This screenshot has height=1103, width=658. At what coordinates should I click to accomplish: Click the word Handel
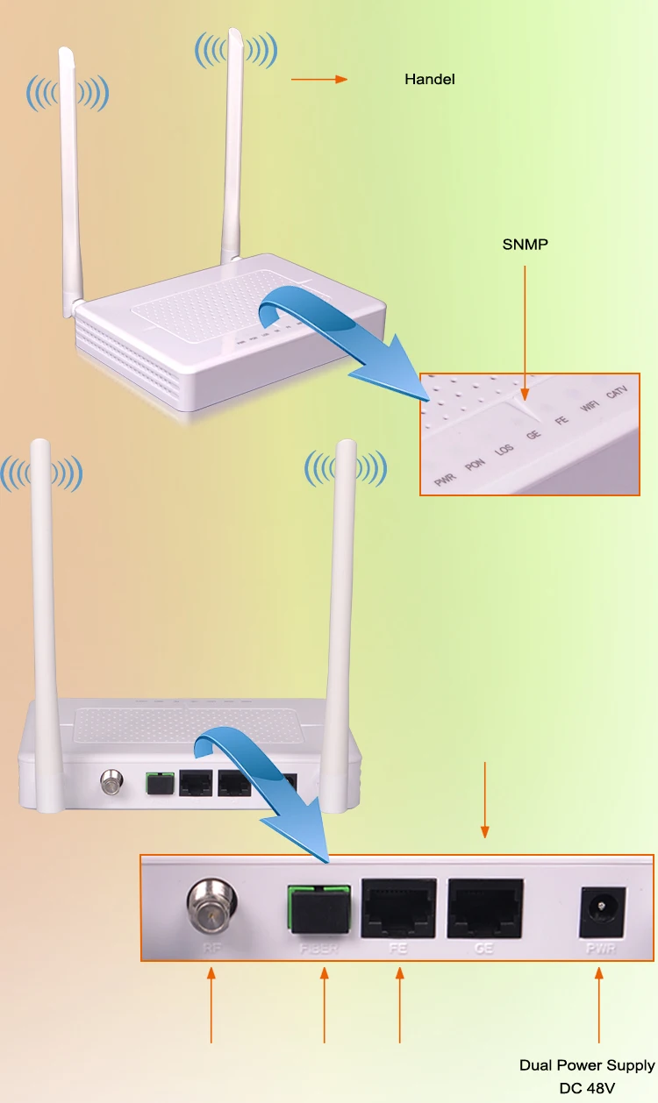(429, 79)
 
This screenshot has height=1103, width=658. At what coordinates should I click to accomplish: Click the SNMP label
(525, 245)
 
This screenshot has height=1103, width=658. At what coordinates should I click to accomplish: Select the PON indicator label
(475, 465)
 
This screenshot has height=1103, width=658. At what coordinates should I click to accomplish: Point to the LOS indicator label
(504, 451)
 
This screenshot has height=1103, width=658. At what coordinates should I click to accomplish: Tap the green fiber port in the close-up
(318, 908)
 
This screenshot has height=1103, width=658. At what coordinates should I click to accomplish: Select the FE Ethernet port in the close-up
(399, 907)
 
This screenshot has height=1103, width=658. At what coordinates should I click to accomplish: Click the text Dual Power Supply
(587, 1065)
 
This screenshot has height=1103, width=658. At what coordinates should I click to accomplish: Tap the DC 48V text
(588, 1088)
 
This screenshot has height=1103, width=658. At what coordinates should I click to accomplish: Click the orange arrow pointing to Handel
(319, 80)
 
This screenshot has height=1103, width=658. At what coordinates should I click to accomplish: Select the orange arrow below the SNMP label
(525, 333)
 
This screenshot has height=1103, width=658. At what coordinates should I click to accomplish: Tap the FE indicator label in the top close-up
(561, 421)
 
